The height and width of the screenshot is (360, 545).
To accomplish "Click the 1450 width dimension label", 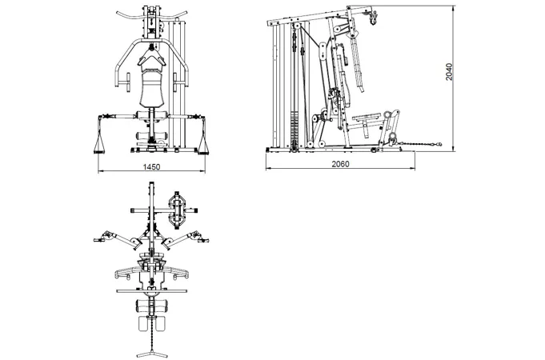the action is (151, 166).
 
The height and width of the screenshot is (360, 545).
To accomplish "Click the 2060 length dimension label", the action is (340, 164).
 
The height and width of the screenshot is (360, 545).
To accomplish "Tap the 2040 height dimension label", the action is (449, 71).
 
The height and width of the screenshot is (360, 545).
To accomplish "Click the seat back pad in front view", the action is (151, 88).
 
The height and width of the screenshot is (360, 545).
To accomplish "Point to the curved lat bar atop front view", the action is (151, 14).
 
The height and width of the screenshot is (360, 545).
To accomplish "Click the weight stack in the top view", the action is (177, 210).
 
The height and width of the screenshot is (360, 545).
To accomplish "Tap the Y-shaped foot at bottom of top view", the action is (150, 354).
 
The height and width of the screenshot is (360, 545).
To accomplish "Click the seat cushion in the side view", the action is (367, 116).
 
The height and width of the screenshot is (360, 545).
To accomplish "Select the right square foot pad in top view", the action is (160, 323).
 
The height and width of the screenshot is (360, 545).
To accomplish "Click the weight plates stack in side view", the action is (295, 130).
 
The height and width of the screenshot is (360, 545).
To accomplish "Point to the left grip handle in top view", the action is (98, 240).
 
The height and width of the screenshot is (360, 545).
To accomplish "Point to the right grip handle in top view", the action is (204, 240).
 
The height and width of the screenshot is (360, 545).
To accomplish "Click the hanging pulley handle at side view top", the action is (373, 18).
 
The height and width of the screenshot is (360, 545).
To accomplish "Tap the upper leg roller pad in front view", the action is (152, 116).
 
